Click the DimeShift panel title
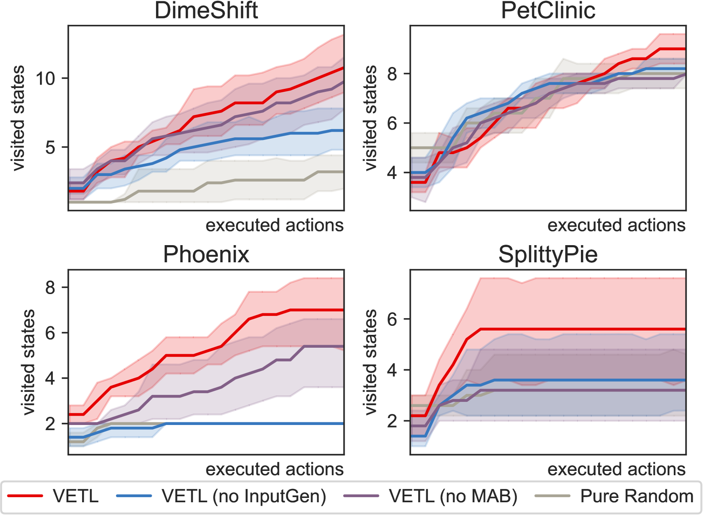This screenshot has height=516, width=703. [x=206, y=10]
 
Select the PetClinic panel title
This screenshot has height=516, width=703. [x=548, y=10]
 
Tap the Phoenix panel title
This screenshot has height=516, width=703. [x=206, y=254]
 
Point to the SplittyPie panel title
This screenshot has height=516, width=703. [x=548, y=254]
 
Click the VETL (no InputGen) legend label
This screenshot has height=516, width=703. [x=244, y=496]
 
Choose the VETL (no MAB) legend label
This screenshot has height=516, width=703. [x=453, y=496]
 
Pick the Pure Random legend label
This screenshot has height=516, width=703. [x=637, y=496]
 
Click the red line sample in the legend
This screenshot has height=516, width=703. [x=25, y=496]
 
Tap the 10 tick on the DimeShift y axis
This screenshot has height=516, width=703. [x=46, y=79]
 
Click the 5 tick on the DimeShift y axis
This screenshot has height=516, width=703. [x=51, y=148]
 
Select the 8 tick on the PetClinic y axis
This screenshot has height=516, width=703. [x=393, y=74]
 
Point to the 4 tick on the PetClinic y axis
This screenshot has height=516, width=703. [x=393, y=173]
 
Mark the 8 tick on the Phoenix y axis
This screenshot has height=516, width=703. [x=51, y=288]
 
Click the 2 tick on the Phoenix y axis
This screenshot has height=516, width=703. [x=51, y=424]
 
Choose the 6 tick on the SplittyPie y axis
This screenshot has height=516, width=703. [x=393, y=319]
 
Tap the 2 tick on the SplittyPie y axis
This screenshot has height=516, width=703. [x=393, y=421]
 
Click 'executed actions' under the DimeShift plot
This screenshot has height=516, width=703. [x=275, y=225]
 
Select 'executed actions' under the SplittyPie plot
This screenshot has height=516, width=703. [x=616, y=469]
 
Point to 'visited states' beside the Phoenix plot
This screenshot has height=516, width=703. [x=28, y=362]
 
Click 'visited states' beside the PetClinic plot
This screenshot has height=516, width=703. [x=370, y=118]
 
